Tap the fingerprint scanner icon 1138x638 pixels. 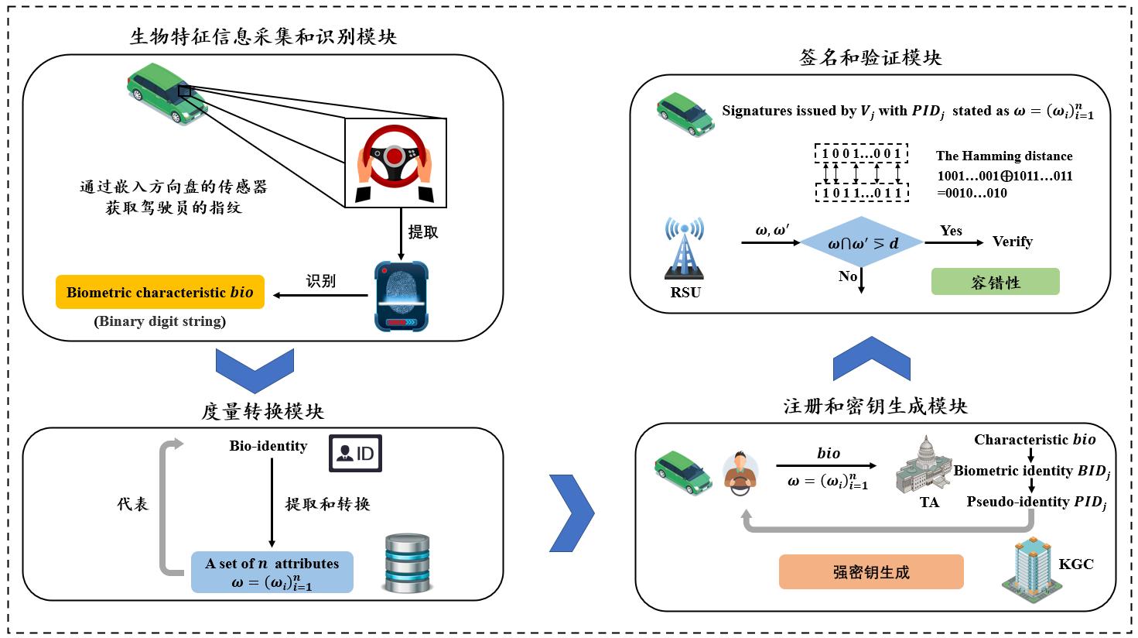(401, 297)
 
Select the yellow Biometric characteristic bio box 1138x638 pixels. (160, 292)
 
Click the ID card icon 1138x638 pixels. (355, 453)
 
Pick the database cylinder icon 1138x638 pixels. (407, 563)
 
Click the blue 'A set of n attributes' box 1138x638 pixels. (272, 573)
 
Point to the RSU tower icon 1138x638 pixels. (685, 249)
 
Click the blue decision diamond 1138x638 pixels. (862, 243)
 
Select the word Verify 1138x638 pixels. (1012, 242)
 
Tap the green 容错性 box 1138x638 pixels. (995, 282)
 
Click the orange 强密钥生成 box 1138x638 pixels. (871, 572)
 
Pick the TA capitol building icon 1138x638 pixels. (925, 465)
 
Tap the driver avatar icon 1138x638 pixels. (740, 472)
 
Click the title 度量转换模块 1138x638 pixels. (262, 411)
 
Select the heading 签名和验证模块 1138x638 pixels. (870, 58)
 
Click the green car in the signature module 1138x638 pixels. (685, 114)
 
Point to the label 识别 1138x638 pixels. (321, 281)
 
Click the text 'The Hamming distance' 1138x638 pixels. (1004, 156)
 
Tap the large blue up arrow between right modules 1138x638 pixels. (871, 358)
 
